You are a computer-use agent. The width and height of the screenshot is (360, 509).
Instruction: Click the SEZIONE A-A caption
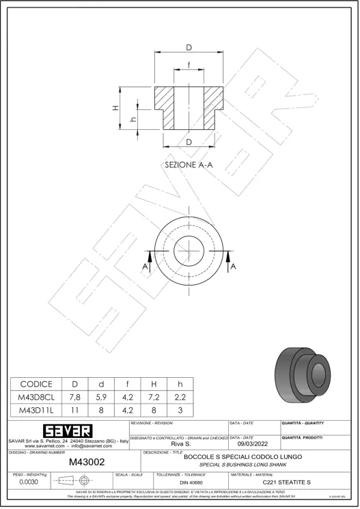189,165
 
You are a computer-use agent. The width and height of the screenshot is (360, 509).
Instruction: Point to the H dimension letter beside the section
116,107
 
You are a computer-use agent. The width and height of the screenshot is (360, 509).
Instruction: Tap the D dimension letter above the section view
189,47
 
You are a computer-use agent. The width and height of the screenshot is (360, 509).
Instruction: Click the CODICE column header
36,384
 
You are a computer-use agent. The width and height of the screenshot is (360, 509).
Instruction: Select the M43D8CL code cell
36,397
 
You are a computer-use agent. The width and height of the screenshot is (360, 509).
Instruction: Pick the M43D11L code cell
36,411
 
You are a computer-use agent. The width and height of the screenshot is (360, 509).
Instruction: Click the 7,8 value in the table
75,397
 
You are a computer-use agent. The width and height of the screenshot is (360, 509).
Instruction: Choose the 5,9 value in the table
102,397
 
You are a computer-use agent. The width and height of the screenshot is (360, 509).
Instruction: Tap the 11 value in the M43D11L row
75,411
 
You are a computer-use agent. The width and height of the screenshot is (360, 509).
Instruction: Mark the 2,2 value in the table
180,397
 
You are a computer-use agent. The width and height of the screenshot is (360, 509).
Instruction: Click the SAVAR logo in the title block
68,431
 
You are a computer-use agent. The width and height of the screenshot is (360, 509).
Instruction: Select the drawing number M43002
87,463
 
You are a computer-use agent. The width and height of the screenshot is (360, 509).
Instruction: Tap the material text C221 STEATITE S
286,482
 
